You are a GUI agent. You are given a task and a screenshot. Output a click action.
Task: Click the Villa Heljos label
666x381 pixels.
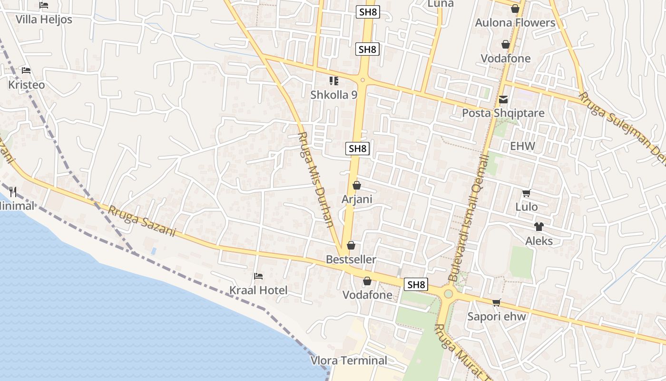click(44, 20)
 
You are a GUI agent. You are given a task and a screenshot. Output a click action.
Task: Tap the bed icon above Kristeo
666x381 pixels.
click(26, 70)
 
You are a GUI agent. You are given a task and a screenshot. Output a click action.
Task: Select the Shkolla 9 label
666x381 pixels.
click(333, 95)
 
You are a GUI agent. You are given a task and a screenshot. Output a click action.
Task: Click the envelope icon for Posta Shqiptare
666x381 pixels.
click(503, 100)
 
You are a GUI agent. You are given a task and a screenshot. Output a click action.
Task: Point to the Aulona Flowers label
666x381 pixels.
click(515, 23)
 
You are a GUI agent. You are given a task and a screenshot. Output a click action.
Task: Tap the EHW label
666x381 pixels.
click(522, 146)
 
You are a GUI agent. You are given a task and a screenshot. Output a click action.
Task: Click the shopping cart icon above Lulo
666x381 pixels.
click(526, 193)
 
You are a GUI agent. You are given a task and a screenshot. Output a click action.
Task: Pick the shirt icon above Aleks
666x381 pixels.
click(539, 227)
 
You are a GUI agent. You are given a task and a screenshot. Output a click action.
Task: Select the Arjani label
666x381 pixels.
click(357, 199)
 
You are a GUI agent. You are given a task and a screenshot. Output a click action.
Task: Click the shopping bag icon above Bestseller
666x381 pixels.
click(351, 245)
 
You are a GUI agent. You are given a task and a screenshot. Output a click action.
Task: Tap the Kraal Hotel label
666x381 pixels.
click(258, 291)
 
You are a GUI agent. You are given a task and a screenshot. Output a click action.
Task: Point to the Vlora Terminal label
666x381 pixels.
click(349, 361)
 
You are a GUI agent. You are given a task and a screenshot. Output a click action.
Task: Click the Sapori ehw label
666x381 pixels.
click(497, 317)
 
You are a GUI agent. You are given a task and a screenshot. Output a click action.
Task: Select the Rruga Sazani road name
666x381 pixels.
click(142, 221)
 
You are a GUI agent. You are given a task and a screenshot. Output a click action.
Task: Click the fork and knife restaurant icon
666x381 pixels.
click(13, 192)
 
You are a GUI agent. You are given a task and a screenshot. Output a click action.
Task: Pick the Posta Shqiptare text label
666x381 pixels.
click(503, 114)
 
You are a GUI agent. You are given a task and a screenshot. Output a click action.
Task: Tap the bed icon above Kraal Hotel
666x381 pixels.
click(258, 276)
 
